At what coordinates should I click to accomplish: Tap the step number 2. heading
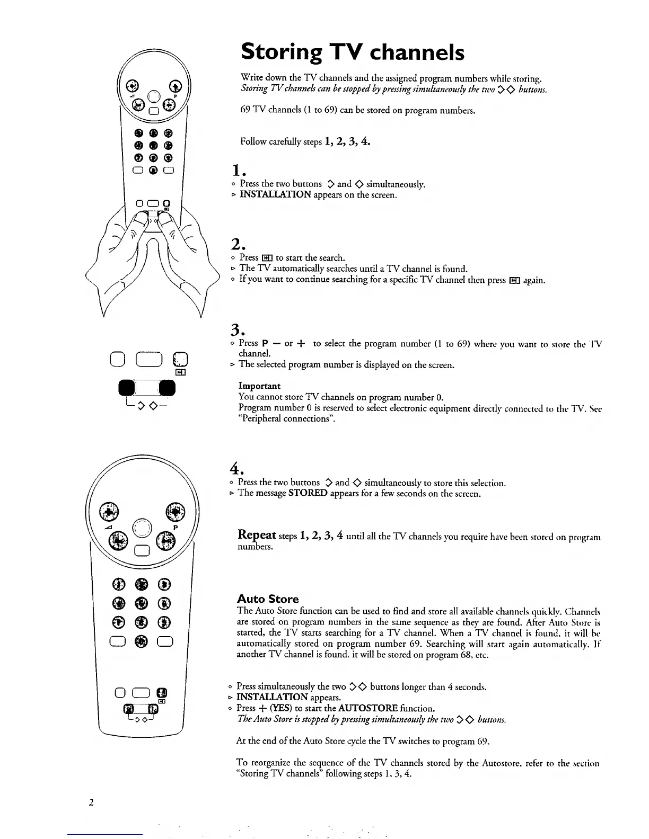coord(236,244)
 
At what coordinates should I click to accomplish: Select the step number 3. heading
coord(236,330)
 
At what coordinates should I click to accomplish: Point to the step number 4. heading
coord(236,469)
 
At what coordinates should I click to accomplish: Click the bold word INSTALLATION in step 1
coord(275,195)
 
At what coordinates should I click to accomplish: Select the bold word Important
coord(259,386)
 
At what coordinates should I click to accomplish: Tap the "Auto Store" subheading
coord(267,599)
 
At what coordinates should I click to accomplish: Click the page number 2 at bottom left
coord(91,802)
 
